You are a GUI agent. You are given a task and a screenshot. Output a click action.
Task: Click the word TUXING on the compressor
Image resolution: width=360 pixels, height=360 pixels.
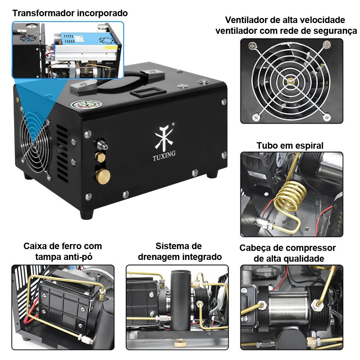pos(164,156)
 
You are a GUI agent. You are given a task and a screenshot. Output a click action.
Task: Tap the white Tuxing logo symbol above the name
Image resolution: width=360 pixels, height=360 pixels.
pos(164,137)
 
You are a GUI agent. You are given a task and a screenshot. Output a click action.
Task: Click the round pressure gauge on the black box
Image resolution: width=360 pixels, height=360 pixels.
pos(86,105)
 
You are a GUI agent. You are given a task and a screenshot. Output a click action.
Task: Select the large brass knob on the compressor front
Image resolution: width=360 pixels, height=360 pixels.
pos(103,176)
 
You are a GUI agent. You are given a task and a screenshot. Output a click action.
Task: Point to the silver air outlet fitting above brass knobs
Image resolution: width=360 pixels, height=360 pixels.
pos(101,145)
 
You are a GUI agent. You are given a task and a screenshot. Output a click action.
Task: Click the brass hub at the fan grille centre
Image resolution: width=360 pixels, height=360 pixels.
pos(291,81)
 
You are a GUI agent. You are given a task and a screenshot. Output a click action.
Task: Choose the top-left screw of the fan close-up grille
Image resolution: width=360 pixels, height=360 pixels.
pos(253,46)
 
